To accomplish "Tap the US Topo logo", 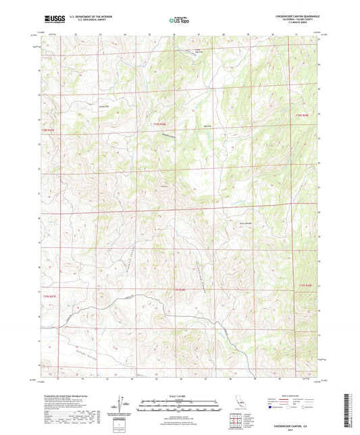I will [180, 20].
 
